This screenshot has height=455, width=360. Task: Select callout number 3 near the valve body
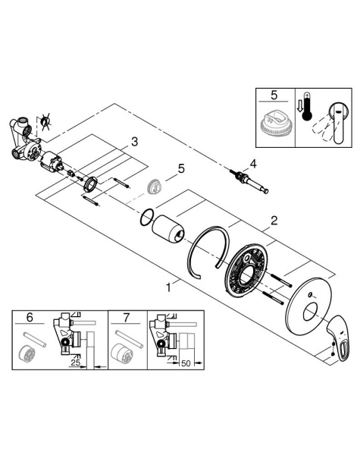(133, 141)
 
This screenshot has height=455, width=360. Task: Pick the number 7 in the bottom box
(126, 318)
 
